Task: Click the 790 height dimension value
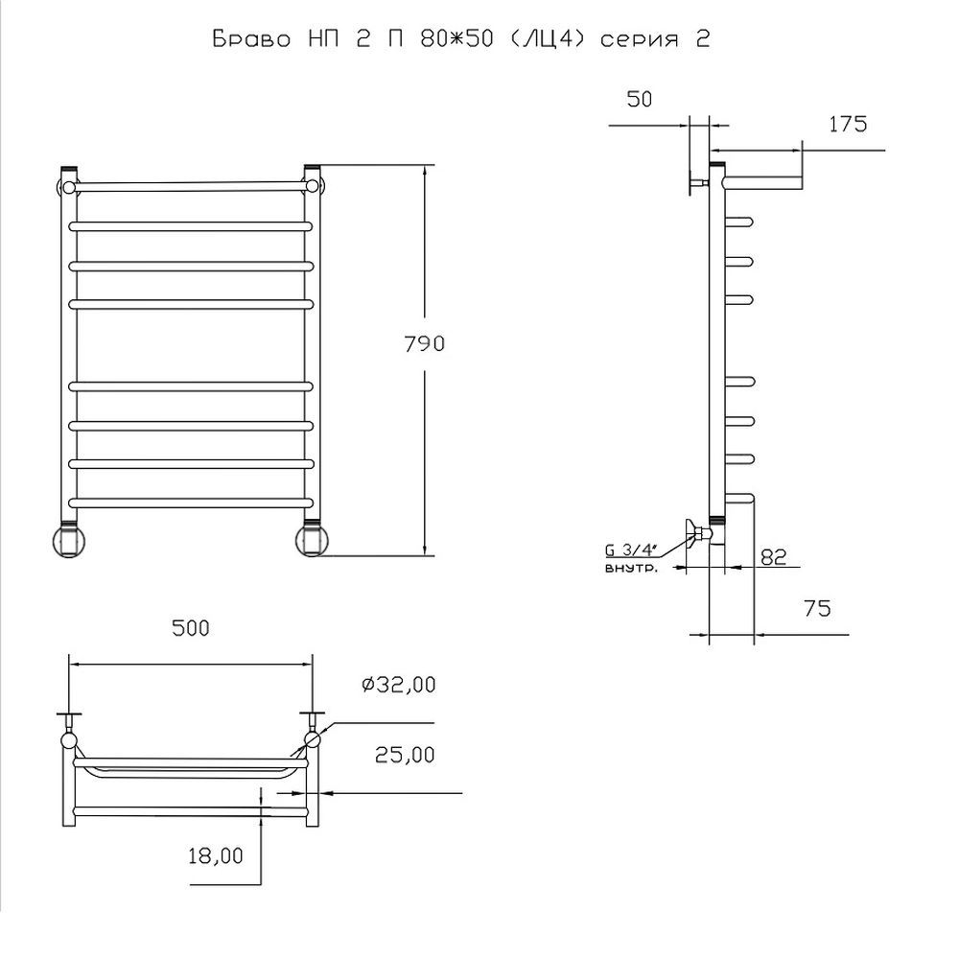(x=425, y=343)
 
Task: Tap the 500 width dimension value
(x=191, y=628)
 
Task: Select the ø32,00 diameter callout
(x=399, y=685)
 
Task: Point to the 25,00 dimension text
(x=405, y=755)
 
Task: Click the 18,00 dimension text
(x=215, y=855)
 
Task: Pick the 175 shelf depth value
(x=848, y=124)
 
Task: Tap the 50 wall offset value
(x=640, y=99)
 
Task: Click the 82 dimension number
(x=773, y=557)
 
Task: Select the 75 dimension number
(x=817, y=609)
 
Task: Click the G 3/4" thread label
(x=630, y=550)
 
